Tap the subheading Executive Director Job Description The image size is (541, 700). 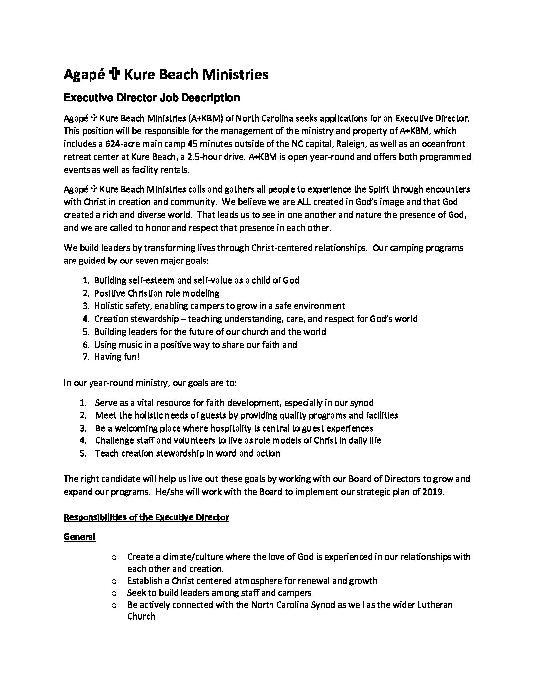(152, 98)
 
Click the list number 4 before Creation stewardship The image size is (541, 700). (85, 319)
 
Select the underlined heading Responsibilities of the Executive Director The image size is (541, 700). (146, 518)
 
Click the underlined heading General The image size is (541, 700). (80, 537)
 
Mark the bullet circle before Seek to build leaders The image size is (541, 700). (114, 593)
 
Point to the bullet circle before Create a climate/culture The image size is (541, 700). (114, 557)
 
